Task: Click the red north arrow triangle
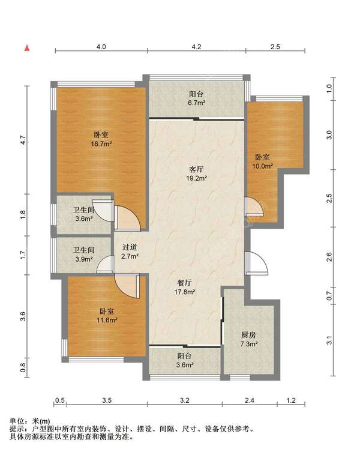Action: point(27,48)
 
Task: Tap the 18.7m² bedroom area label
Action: point(101,139)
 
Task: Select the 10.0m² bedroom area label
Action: point(263,161)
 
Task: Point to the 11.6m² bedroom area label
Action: point(107,316)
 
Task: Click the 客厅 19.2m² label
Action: point(196,173)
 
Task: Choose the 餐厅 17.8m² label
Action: point(184,288)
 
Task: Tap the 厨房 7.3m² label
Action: point(249,340)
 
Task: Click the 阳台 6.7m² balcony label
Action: point(196,98)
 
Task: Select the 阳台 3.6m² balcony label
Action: point(184,360)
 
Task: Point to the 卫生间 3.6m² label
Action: point(83,214)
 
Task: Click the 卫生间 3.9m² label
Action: point(83,255)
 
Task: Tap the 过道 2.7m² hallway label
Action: point(130,252)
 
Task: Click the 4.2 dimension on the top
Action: point(196,47)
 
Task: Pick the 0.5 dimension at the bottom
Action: point(60,400)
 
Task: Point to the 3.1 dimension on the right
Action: point(329,340)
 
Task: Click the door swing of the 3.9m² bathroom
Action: point(105,264)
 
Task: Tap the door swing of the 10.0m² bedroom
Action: point(254,206)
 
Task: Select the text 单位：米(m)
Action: point(29,421)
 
